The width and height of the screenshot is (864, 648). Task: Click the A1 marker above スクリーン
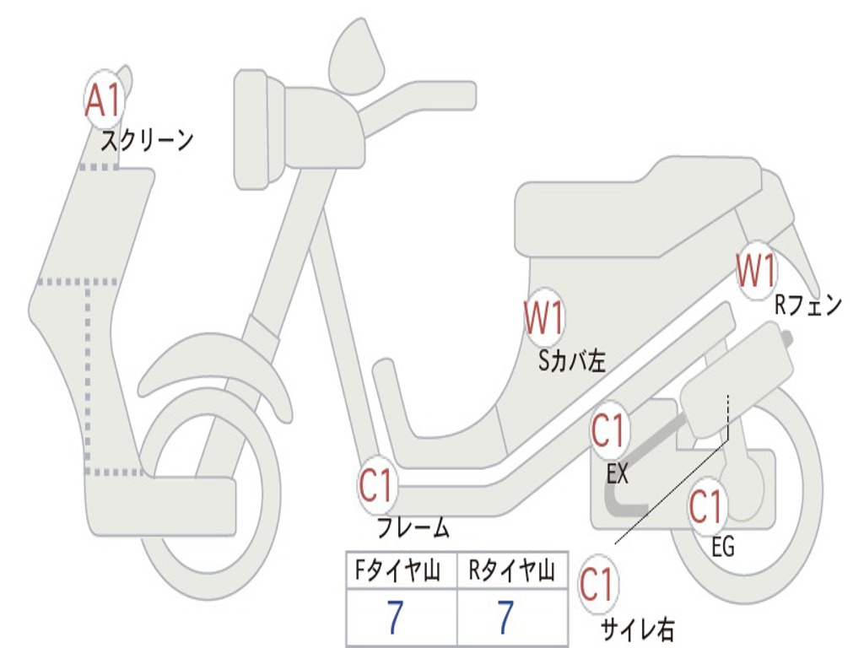[105, 100]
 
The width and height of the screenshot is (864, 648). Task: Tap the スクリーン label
[147, 140]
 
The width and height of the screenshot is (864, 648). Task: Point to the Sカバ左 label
[572, 361]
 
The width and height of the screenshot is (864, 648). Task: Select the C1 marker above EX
[609, 432]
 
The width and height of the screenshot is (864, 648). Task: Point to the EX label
[618, 474]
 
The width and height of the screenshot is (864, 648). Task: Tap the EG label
[723, 548]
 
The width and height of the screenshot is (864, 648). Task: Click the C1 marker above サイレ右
[597, 585]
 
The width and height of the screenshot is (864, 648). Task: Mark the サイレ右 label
[637, 629]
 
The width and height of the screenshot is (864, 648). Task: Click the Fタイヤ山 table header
[400, 573]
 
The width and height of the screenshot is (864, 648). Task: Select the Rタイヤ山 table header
[511, 573]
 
